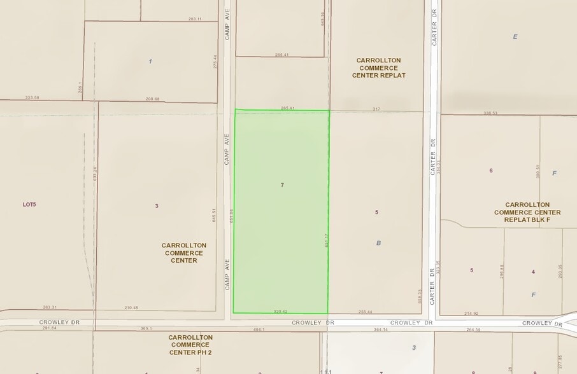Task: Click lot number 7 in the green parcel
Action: (x=281, y=184)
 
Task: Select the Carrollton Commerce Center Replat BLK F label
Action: (x=527, y=212)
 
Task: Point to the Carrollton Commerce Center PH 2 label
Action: (x=190, y=345)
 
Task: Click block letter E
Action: (x=515, y=36)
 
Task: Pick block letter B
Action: (x=378, y=242)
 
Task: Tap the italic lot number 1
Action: (x=150, y=61)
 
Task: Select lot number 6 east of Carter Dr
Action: (x=491, y=170)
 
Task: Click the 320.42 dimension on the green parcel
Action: (x=281, y=312)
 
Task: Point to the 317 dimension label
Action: (x=376, y=109)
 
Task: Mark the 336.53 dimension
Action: (x=490, y=113)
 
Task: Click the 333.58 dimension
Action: (x=32, y=97)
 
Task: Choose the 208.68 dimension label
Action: (x=152, y=99)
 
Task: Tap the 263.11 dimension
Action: (x=195, y=19)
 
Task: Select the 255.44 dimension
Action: (x=366, y=312)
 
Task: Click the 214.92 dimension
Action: (x=471, y=313)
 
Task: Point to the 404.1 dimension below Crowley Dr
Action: (x=259, y=329)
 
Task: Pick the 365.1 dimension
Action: (x=146, y=329)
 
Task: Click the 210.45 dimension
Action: (x=132, y=308)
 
